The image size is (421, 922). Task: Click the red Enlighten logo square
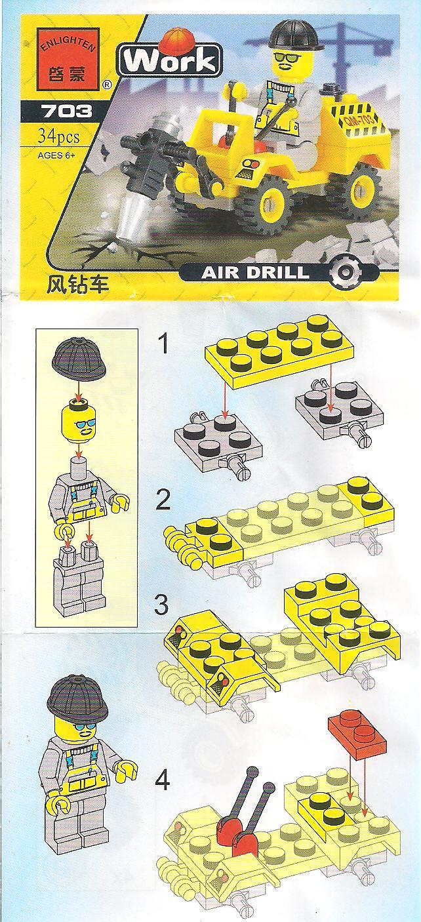click(x=69, y=59)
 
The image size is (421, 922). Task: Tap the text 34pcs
click(x=59, y=136)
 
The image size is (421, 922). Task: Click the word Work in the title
click(x=170, y=61)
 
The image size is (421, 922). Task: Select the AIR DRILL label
click(x=255, y=273)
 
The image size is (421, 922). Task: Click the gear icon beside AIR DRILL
click(x=345, y=272)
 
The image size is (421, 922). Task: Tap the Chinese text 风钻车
click(x=77, y=285)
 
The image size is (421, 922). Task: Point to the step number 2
click(x=163, y=500)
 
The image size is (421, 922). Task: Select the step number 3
click(x=161, y=605)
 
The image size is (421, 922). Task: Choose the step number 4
click(x=162, y=780)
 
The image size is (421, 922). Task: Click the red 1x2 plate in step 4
click(x=357, y=737)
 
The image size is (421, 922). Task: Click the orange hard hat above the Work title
click(x=177, y=39)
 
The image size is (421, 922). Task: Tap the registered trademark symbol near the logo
click(x=106, y=85)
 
